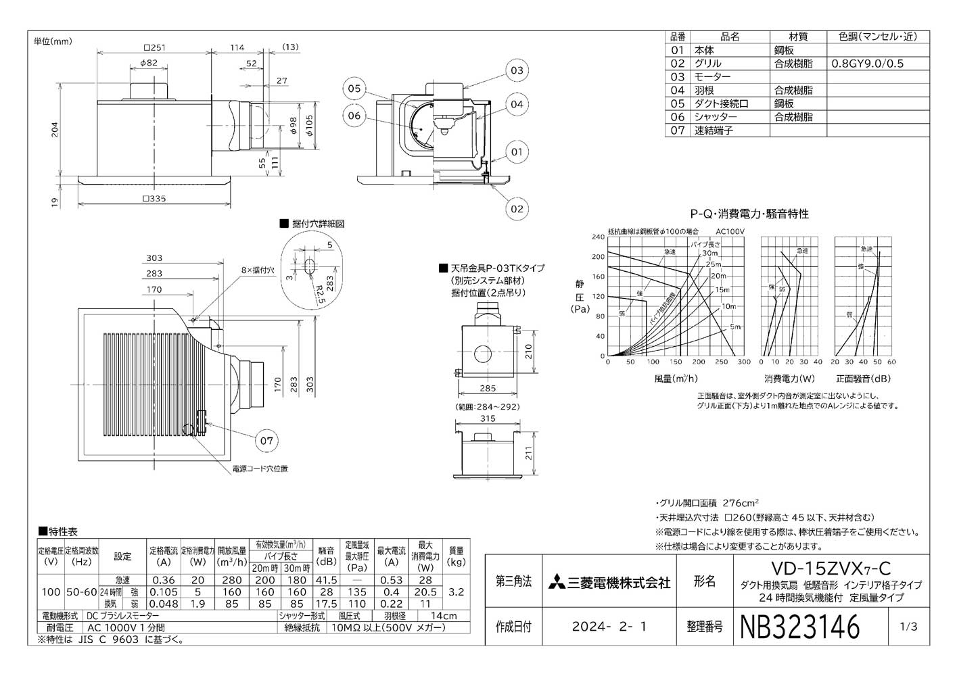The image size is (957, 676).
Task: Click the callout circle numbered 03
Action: pos(517,70)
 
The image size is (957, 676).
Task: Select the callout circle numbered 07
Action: pos(266,441)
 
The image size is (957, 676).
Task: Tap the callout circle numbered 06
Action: pos(354,115)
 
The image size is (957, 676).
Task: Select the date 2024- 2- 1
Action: pos(609,627)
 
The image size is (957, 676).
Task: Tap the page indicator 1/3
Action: pos(909,627)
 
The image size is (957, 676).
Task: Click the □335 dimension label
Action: pos(154,198)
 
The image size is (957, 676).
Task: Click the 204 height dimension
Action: pos(55,130)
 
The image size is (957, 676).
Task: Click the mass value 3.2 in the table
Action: pos(457,591)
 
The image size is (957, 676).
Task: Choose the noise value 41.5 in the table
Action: pos(326,579)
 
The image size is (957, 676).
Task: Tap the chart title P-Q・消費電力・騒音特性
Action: pos(749,214)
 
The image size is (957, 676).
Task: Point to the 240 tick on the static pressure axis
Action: pos(597,237)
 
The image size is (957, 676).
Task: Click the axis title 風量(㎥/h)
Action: pos(676,379)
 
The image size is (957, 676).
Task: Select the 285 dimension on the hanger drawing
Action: pos(487,388)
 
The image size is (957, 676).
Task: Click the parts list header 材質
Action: pos(798,37)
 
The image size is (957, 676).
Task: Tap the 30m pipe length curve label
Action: pos(709,253)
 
